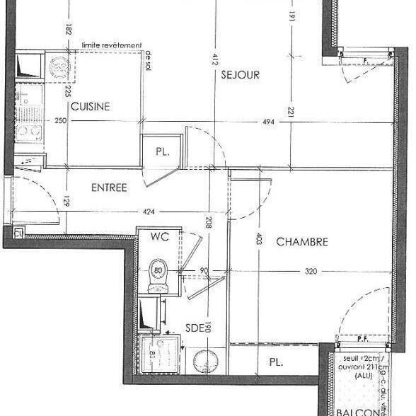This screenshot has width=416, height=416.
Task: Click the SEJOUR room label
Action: (x=241, y=74)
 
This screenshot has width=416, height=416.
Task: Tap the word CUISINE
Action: (x=89, y=107)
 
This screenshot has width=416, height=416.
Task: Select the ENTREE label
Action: (x=109, y=187)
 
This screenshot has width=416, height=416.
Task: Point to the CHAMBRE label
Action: (x=302, y=242)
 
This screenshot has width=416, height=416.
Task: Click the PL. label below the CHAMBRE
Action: (x=276, y=362)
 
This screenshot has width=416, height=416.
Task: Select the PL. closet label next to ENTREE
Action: (x=161, y=151)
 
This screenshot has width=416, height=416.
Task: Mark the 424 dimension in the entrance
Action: (x=148, y=210)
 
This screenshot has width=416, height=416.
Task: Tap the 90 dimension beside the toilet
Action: (x=204, y=270)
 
